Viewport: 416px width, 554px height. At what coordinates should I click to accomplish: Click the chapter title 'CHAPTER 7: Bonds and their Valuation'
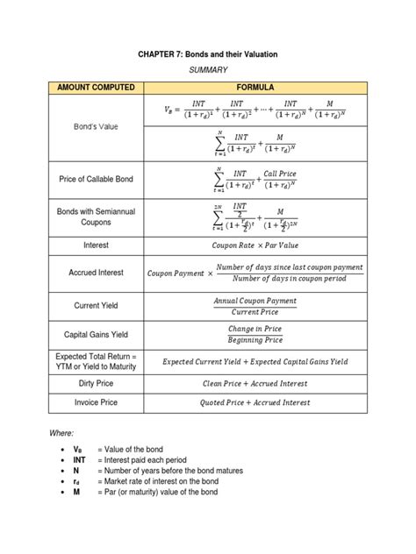[207, 54]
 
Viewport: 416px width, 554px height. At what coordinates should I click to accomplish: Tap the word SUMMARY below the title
[208, 70]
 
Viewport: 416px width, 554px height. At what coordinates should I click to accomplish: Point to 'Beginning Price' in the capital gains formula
[255, 340]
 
